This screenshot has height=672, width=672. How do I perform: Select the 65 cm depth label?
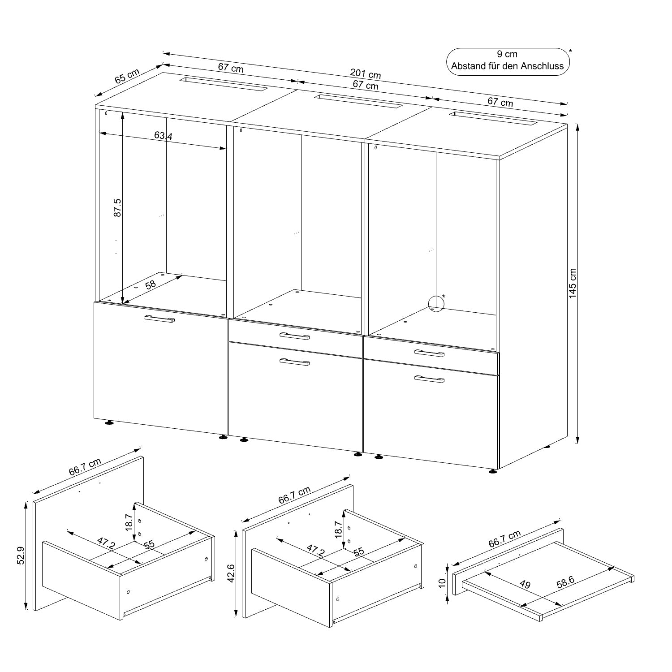click(x=127, y=76)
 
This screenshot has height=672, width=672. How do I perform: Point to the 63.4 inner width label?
click(x=163, y=135)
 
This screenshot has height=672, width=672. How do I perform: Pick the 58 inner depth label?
click(x=151, y=285)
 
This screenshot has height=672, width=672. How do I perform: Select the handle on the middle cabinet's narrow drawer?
click(x=294, y=336)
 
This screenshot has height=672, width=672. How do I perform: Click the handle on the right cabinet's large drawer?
click(x=429, y=379)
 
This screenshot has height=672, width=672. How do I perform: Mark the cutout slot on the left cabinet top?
click(x=223, y=84)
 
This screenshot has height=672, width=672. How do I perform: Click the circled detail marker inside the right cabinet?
click(x=436, y=303)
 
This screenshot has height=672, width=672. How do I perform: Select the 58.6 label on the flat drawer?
click(x=565, y=582)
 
